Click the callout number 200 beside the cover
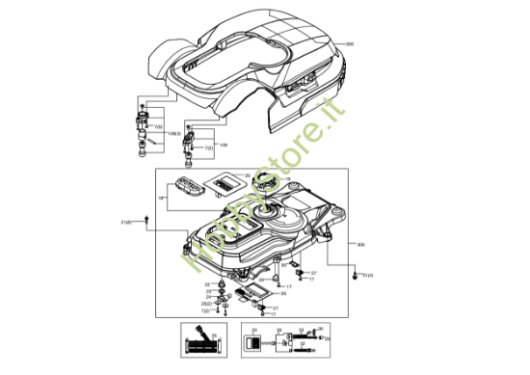350,44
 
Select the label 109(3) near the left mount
174,132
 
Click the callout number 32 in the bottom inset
301,331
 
